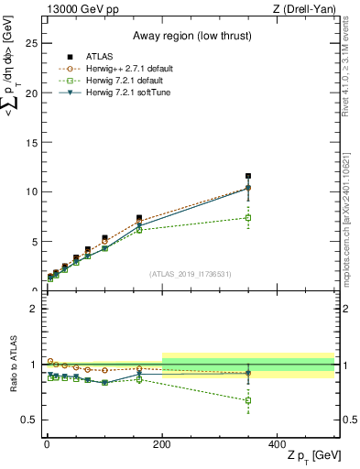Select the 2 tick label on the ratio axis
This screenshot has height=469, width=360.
pyautogui.click(x=33, y=309)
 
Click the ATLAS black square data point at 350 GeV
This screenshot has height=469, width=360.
pyautogui.click(x=248, y=176)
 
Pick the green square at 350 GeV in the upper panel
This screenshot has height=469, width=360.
pyautogui.click(x=248, y=217)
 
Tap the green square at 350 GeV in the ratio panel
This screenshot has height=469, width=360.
pyautogui.click(x=248, y=400)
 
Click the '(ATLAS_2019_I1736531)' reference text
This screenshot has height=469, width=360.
pyautogui.click(x=191, y=273)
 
